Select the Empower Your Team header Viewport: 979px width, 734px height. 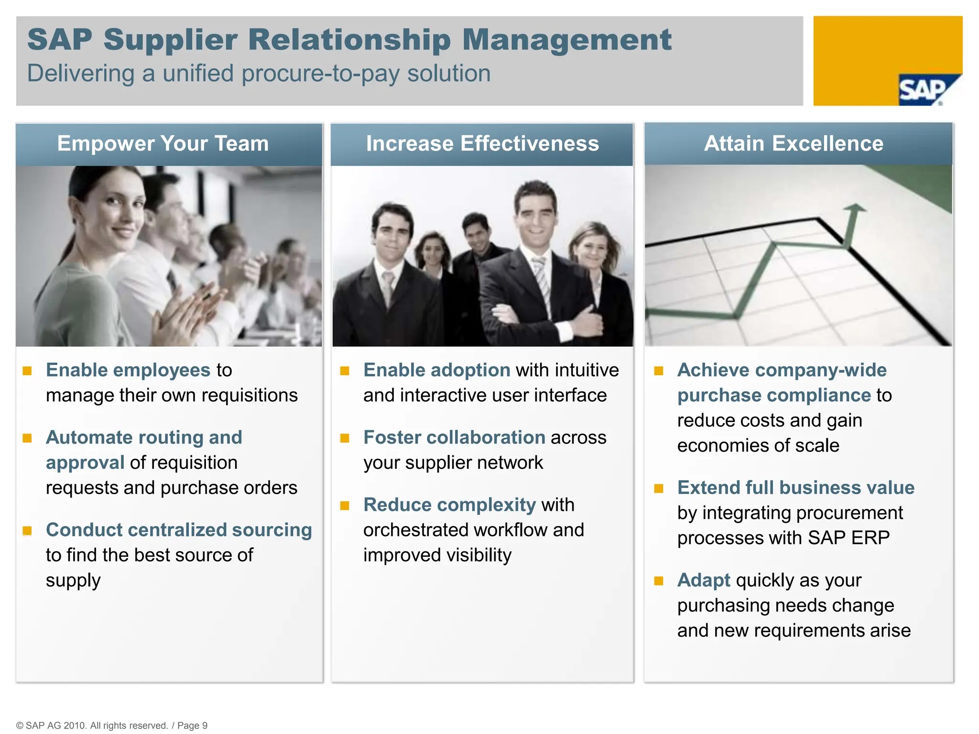pyautogui.click(x=163, y=143)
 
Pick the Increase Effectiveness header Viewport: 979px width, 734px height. pyautogui.click(x=482, y=143)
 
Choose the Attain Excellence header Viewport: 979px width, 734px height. pyautogui.click(x=794, y=143)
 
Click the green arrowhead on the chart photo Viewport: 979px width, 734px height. pyautogui.click(x=854, y=208)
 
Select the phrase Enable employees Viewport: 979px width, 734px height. pyautogui.click(x=128, y=370)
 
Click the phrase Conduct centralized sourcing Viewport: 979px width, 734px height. pyautogui.click(x=179, y=530)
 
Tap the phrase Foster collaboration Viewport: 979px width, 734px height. pyautogui.click(x=454, y=438)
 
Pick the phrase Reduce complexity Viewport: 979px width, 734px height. pyautogui.click(x=449, y=505)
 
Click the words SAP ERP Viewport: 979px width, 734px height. pyautogui.click(x=848, y=538)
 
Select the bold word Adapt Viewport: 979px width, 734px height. pyautogui.click(x=704, y=581)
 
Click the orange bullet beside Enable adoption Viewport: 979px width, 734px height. pyautogui.click(x=345, y=371)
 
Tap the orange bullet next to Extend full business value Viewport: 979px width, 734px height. pyautogui.click(x=659, y=488)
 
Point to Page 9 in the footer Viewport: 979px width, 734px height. pyautogui.click(x=192, y=725)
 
